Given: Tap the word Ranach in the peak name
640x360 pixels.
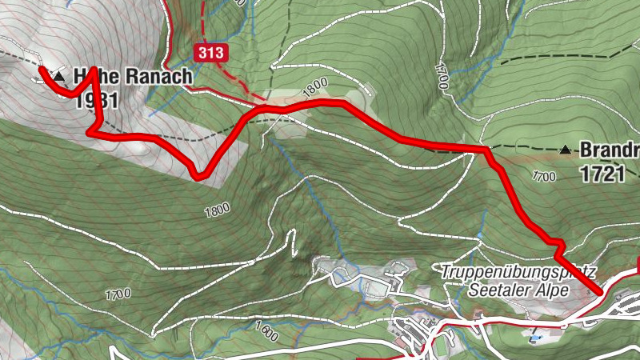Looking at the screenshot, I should [x=155, y=77].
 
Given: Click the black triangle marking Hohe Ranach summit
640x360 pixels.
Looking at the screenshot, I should [x=58, y=76].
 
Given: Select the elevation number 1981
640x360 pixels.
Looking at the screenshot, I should [x=94, y=100].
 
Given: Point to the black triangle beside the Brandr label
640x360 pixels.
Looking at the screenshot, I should [x=566, y=149].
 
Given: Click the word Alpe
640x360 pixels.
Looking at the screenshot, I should [x=551, y=290].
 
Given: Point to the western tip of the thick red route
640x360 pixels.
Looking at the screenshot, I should [x=41, y=70].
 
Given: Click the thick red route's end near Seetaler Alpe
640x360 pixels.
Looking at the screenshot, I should [x=597, y=292].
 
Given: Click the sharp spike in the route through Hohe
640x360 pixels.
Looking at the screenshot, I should [x=94, y=70].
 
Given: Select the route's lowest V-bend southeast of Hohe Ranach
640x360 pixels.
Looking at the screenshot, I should [x=198, y=177].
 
